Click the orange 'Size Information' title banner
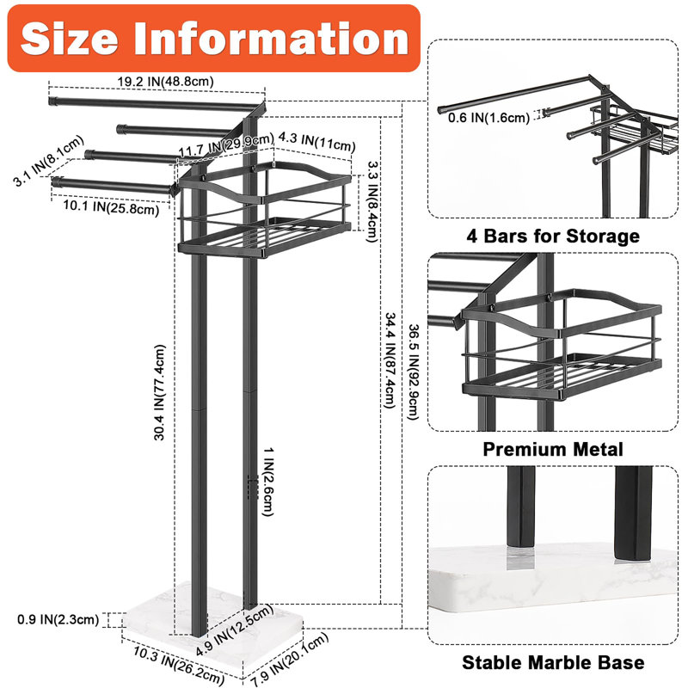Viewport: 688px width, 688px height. (x=213, y=38)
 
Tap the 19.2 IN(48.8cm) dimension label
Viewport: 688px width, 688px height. (x=165, y=81)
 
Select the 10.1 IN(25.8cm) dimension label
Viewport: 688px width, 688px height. (x=111, y=207)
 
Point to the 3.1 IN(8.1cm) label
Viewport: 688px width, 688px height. (x=48, y=161)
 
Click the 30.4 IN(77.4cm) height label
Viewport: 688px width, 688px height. (x=160, y=392)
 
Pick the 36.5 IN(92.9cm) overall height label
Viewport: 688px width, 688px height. (x=414, y=372)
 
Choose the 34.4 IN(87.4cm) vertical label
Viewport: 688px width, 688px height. (x=390, y=359)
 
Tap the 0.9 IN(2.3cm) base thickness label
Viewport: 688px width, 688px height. (x=58, y=619)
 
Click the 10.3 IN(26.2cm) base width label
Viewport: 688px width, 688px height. (x=179, y=666)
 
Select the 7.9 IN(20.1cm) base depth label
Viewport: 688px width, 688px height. (x=290, y=660)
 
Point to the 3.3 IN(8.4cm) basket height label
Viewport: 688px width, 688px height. (x=372, y=201)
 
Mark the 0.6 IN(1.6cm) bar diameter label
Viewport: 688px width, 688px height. (x=488, y=118)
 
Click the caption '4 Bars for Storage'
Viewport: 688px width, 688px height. (x=553, y=236)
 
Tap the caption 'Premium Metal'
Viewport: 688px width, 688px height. (x=553, y=449)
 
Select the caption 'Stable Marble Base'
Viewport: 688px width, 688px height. (x=553, y=662)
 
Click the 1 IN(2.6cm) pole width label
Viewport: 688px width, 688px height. (x=268, y=482)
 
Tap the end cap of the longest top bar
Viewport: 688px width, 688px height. (x=53, y=101)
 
